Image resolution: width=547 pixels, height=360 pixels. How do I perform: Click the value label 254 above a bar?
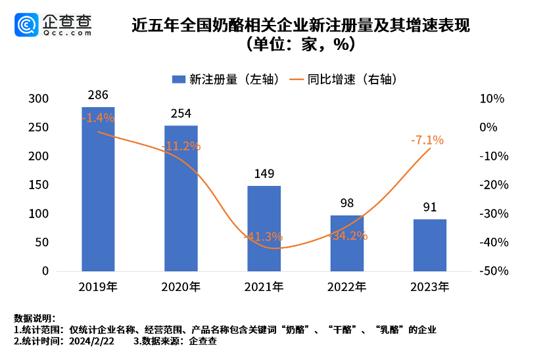(181, 114)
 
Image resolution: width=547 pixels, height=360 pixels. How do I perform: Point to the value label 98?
(346, 204)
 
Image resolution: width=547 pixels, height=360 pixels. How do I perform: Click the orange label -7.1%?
(427, 140)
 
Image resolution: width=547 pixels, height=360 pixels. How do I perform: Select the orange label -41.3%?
(264, 236)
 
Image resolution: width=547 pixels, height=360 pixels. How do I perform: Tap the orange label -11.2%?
(181, 146)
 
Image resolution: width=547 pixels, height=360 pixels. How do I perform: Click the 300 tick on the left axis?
(39, 99)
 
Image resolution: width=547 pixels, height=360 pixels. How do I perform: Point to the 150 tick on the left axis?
(39, 185)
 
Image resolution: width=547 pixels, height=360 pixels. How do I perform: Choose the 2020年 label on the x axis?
(181, 287)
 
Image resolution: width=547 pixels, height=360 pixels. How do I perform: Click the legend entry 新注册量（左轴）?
(227, 79)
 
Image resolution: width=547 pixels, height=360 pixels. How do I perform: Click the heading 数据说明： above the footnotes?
(35, 319)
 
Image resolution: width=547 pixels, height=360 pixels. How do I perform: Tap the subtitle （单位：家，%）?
(300, 44)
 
